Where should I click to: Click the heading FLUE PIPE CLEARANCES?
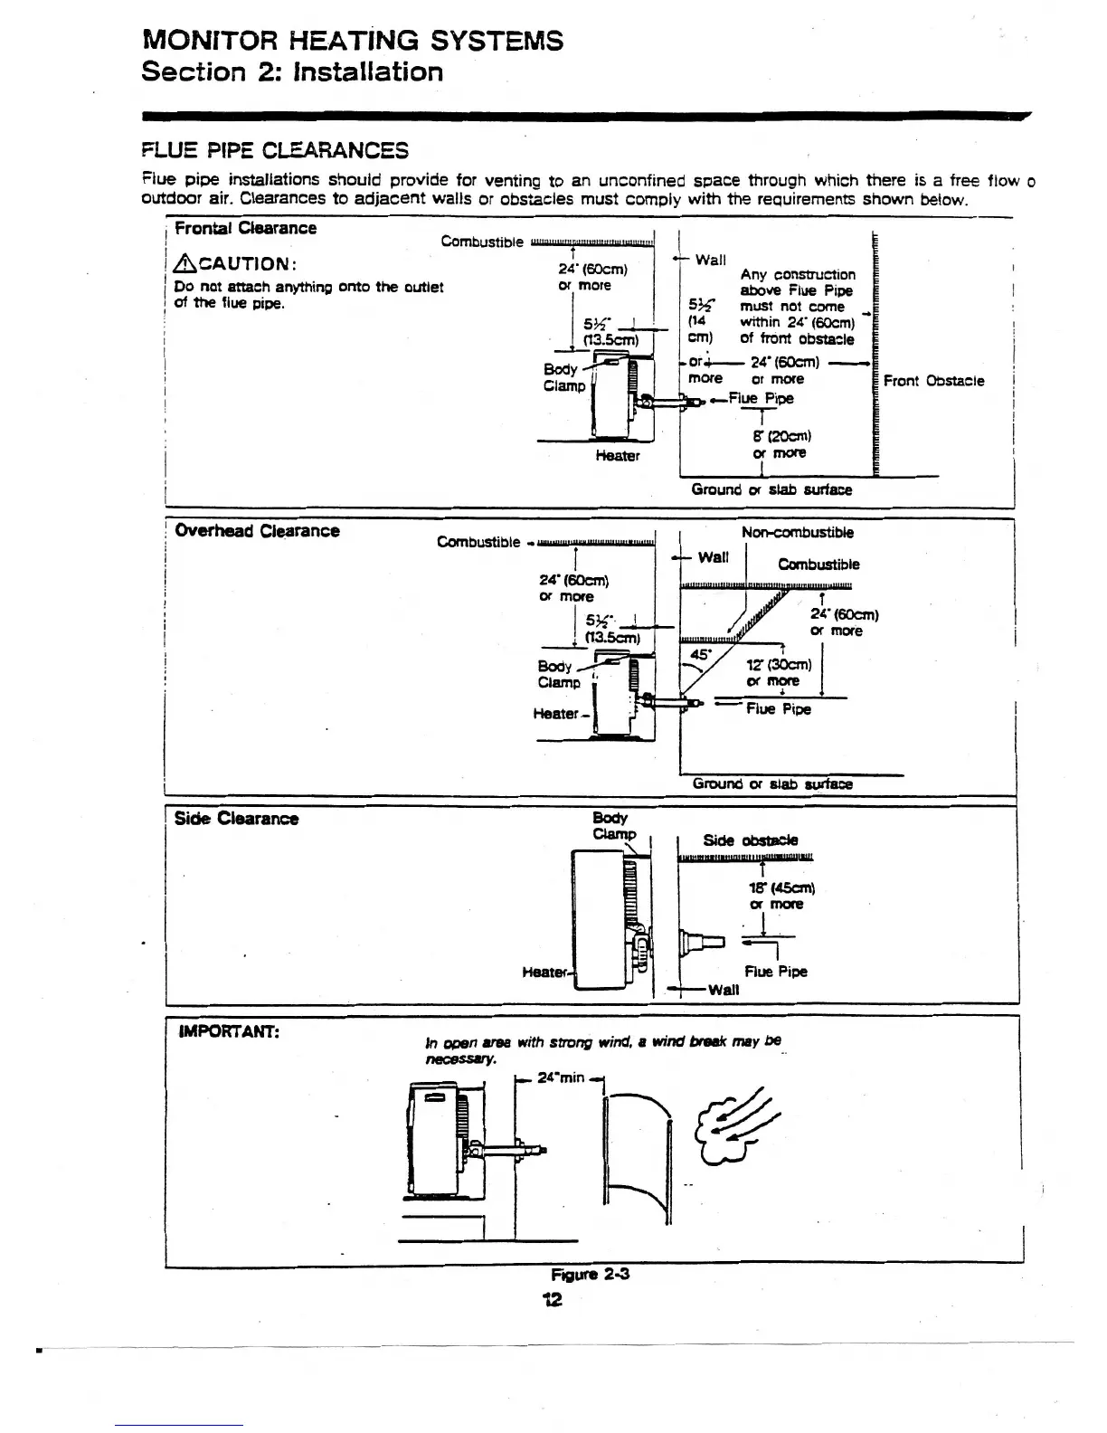click(x=275, y=150)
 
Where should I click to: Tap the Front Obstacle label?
click(x=933, y=381)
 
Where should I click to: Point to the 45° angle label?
click(x=701, y=654)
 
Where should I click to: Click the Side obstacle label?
click(x=751, y=840)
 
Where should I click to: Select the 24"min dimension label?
click(x=562, y=1077)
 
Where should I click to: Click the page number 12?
click(x=552, y=1300)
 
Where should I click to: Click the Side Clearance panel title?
click(x=236, y=819)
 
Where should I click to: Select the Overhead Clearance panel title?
click(x=257, y=531)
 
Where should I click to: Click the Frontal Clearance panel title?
click(x=245, y=228)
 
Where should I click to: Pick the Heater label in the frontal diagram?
click(x=618, y=456)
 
